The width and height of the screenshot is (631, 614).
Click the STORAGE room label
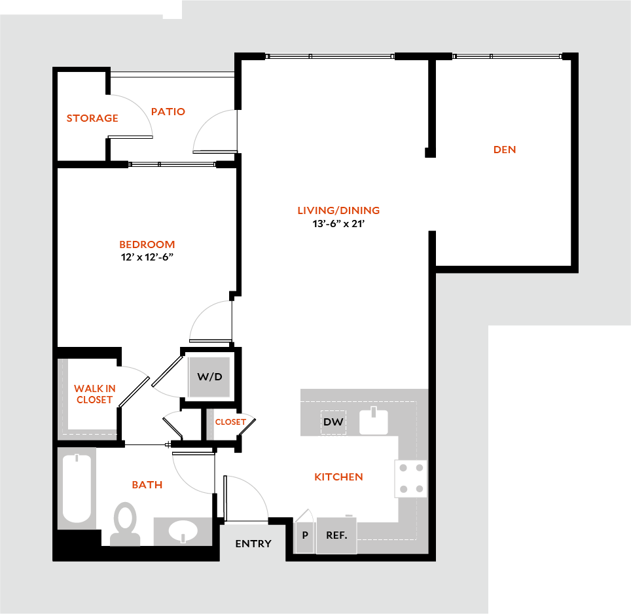tap(92, 118)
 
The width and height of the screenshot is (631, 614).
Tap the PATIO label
tap(168, 112)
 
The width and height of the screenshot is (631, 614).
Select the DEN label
tap(505, 150)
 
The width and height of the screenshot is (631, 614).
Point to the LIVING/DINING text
tap(338, 211)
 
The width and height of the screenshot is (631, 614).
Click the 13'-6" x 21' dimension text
tap(338, 224)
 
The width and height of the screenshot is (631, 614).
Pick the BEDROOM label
tap(147, 245)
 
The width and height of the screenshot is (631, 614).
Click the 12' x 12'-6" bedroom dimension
tap(147, 257)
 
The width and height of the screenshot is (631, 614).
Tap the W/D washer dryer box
tap(209, 378)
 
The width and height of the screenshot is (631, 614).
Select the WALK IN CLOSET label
tap(95, 394)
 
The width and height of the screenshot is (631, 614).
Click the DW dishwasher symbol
tap(333, 422)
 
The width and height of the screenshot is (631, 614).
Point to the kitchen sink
tap(373, 422)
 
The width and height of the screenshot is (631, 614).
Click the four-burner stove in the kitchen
tap(411, 478)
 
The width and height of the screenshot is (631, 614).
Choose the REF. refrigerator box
tap(336, 535)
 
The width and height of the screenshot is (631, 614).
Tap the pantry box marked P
tap(305, 535)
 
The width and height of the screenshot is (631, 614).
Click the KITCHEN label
tap(338, 477)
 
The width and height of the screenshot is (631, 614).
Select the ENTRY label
tap(253, 544)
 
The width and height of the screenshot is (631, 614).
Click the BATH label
tap(147, 485)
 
